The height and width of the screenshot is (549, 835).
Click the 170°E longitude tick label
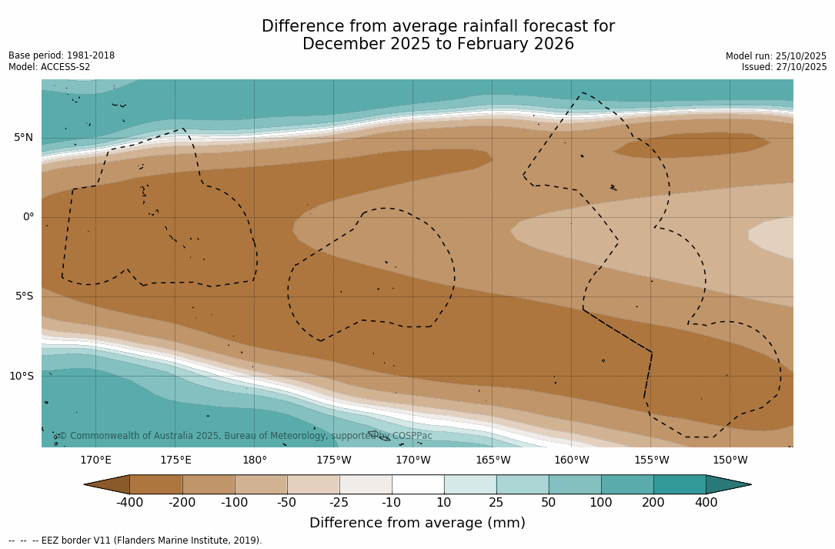point(96,460)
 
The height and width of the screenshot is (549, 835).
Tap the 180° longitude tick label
point(255,460)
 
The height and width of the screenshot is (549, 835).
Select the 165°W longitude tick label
point(493,460)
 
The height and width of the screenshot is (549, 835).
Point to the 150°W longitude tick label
point(730,460)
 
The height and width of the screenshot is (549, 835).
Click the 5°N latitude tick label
point(23,138)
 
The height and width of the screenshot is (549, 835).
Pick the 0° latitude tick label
point(28,217)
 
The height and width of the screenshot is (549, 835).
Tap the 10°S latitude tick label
point(21,377)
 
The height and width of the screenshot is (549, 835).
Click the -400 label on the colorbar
point(129,503)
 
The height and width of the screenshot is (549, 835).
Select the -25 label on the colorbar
point(339,503)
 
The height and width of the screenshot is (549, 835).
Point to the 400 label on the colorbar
point(706,503)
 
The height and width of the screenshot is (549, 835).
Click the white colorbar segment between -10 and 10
point(418,484)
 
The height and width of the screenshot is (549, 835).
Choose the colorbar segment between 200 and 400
point(680,484)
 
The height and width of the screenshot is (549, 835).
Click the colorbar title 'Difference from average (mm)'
point(417,523)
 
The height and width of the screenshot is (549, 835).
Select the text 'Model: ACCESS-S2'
point(49,67)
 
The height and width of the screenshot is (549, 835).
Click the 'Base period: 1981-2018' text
point(62,55)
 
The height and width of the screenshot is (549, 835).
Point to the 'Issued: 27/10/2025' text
point(784,67)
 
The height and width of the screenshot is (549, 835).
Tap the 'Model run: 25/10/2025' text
point(776,56)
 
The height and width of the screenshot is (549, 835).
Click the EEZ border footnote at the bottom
point(135,541)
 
